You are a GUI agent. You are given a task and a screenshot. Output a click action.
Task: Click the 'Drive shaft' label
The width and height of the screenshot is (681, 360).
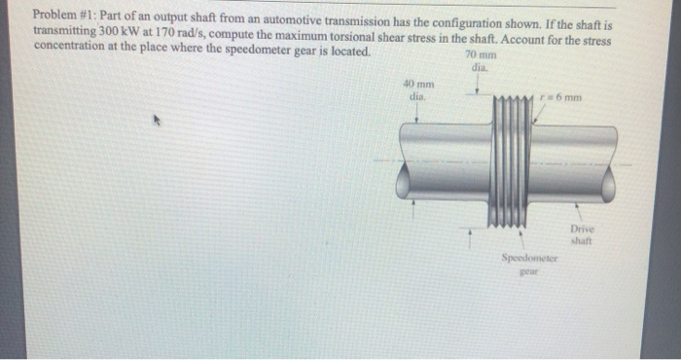[x=582, y=234]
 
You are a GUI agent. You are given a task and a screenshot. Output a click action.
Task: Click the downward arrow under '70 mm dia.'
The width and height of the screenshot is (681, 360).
[x=477, y=90]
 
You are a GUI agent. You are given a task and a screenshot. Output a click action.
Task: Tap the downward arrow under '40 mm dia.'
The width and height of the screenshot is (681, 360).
[x=417, y=112]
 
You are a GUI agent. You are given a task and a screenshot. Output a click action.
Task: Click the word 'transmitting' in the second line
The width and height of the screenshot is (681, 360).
[x=63, y=31]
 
